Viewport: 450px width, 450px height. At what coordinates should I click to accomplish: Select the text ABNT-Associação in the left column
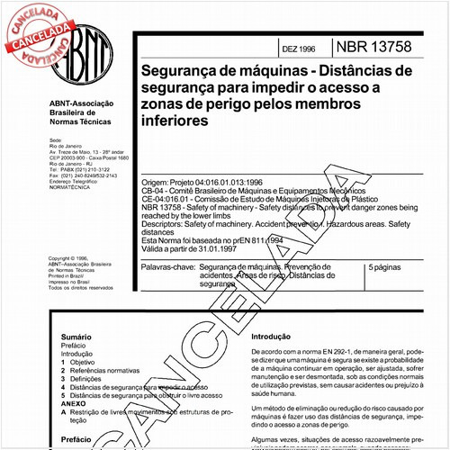(x=82, y=104)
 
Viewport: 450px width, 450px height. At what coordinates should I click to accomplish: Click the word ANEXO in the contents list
(x=73, y=405)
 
